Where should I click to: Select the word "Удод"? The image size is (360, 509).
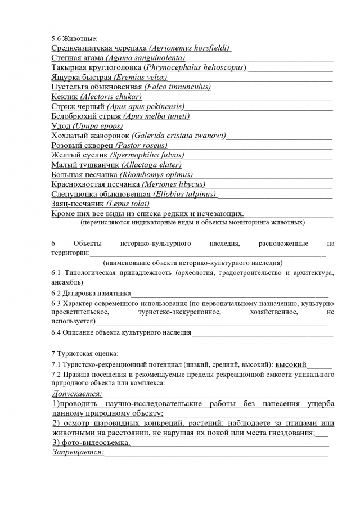(61, 126)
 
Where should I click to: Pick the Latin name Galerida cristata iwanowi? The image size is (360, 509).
(179, 136)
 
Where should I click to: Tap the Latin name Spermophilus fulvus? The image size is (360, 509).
(147, 155)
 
